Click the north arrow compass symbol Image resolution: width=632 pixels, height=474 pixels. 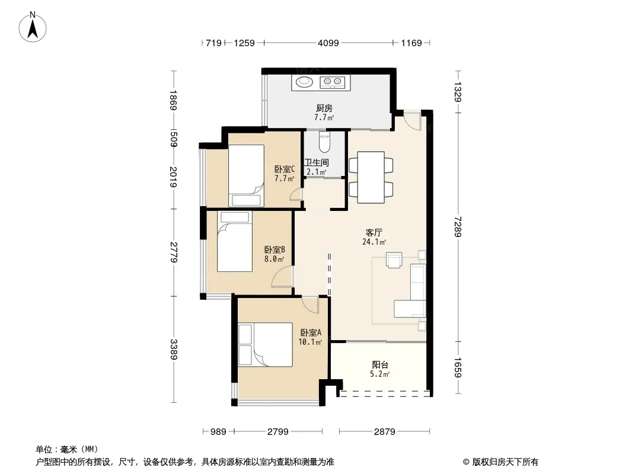(x=33, y=27)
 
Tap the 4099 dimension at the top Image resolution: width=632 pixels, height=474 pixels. (x=328, y=43)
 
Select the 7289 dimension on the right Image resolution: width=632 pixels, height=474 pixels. (x=458, y=227)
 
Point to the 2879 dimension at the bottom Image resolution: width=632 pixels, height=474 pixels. (x=384, y=432)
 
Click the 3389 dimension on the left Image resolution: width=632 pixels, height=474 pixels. (x=174, y=349)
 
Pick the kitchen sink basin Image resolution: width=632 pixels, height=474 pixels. (x=304, y=82)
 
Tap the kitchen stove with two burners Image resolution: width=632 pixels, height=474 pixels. (x=333, y=82)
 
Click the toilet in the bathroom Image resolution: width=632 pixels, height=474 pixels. (x=324, y=140)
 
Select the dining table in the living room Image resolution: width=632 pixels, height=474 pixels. (x=371, y=177)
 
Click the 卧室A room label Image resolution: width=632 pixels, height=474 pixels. (x=311, y=332)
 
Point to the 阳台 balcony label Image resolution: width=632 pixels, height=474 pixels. (x=380, y=365)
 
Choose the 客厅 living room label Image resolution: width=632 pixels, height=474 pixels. (x=374, y=232)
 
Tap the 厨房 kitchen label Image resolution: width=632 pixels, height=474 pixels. (x=324, y=108)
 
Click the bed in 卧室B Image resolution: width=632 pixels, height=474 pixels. (x=235, y=241)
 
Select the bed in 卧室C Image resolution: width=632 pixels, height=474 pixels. (x=246, y=175)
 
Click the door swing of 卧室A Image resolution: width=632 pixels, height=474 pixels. (x=310, y=305)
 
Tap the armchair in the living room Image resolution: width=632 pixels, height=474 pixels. (x=394, y=260)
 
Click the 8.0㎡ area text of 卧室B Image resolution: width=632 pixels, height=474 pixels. (x=274, y=259)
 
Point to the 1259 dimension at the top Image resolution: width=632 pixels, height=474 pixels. (x=244, y=43)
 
